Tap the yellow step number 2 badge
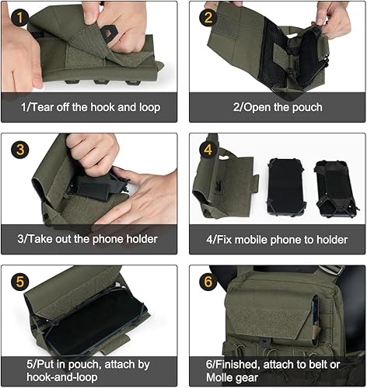pyautogui.click(x=207, y=18)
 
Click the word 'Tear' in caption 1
pyautogui.click(x=44, y=107)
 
